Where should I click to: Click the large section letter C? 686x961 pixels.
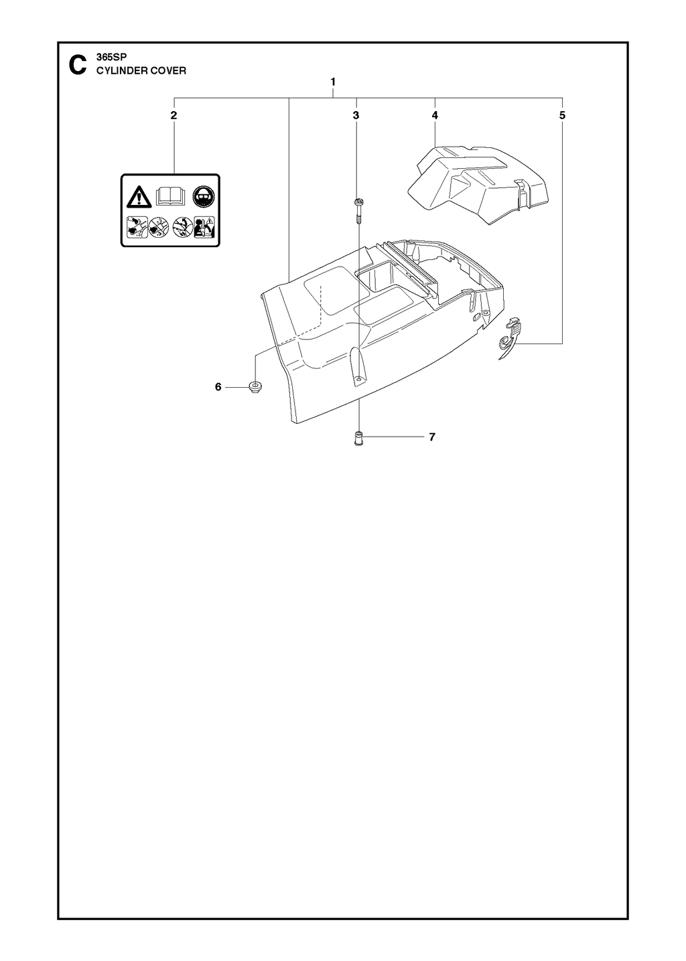pyautogui.click(x=77, y=65)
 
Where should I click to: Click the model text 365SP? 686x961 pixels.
pyautogui.click(x=109, y=58)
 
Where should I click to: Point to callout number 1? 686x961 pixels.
pyautogui.click(x=333, y=82)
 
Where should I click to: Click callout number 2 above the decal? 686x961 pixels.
pyautogui.click(x=174, y=115)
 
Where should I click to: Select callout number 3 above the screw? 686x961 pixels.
pyautogui.click(x=356, y=115)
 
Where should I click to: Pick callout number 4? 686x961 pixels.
pyautogui.click(x=435, y=115)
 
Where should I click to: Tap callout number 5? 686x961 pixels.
pyautogui.click(x=562, y=115)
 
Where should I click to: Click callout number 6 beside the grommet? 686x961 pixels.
pyautogui.click(x=218, y=387)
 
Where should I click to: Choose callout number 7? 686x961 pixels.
pyautogui.click(x=432, y=437)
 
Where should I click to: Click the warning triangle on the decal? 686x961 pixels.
pyautogui.click(x=139, y=197)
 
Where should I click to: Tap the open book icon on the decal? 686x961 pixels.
pyautogui.click(x=171, y=196)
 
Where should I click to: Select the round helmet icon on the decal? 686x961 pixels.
pyautogui.click(x=204, y=196)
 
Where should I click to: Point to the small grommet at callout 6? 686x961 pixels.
pyautogui.click(x=256, y=385)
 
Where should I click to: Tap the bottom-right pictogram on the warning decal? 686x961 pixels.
pyautogui.click(x=204, y=227)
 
